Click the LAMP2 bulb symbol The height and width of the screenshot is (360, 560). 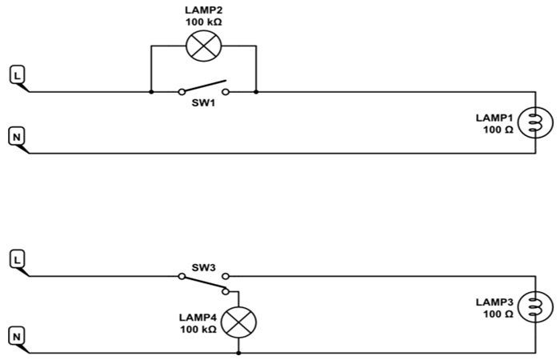point(202,46)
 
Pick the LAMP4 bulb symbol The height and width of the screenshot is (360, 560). point(238,323)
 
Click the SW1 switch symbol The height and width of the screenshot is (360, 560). point(202,88)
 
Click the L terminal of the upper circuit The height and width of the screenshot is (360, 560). point(18,76)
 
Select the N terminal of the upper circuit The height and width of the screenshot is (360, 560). point(17,137)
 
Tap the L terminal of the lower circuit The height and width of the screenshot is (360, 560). point(18,260)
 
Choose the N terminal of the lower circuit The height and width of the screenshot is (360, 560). point(17,335)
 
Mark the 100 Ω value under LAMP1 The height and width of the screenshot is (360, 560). point(497,129)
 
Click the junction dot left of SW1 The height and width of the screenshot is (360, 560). point(151,91)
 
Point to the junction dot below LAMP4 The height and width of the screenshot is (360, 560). point(238,352)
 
